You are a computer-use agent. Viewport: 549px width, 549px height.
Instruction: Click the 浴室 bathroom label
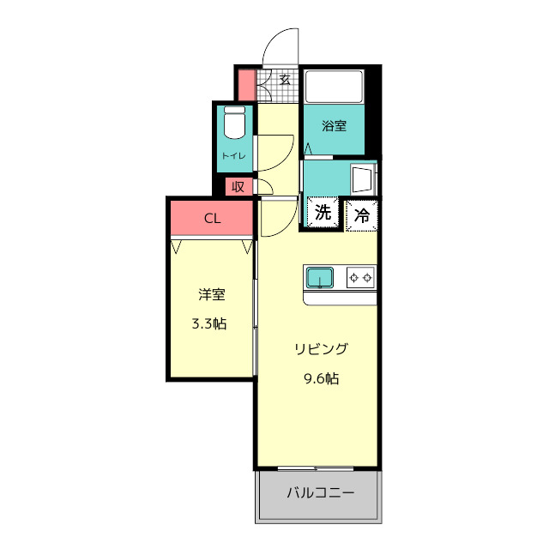335,126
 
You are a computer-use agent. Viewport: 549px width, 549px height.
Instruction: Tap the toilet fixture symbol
234,125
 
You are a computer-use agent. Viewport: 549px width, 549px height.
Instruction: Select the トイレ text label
233,155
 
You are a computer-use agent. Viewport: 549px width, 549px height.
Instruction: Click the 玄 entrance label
285,81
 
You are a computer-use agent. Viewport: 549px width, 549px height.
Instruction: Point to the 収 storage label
238,186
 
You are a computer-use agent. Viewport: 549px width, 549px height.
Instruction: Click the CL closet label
212,218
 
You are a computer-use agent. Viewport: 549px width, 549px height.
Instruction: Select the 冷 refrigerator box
362,215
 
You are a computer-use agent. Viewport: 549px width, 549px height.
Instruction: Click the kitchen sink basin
321,277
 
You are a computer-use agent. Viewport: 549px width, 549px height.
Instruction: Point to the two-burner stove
361,277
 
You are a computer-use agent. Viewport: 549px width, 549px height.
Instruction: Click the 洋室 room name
211,295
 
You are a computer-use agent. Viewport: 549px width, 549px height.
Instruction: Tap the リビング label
321,349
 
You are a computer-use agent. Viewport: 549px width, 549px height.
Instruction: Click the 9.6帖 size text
321,377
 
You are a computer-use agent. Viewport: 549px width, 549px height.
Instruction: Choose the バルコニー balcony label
319,494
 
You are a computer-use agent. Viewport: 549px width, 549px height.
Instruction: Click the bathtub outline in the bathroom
335,87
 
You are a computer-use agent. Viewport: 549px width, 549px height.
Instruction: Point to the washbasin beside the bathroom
364,179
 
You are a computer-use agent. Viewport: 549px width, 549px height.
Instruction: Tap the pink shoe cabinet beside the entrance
246,85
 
